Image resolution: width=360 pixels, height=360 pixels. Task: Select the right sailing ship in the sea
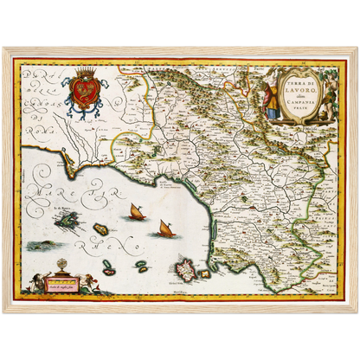tap(166, 228)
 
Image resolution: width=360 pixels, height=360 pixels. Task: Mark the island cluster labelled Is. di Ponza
tap(67, 222)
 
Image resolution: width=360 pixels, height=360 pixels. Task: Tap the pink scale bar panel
tap(67, 285)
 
